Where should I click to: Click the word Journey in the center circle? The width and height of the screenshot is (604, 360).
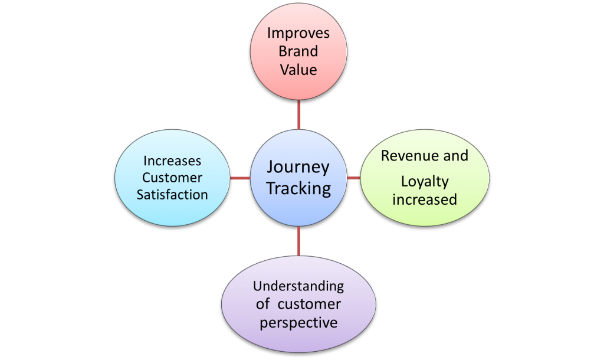click(x=298, y=167)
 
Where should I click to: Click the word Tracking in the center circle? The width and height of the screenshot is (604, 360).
click(x=298, y=189)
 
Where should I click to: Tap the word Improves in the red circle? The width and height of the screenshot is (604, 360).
click(x=298, y=32)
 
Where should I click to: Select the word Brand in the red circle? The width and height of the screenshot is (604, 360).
click(x=298, y=51)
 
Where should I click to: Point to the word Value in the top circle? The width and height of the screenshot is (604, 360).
click(x=298, y=70)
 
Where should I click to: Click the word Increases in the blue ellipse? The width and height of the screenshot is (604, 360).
click(x=172, y=161)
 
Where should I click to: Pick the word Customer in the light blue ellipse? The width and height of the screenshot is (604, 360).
click(x=172, y=178)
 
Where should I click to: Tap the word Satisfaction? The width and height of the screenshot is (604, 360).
click(x=172, y=194)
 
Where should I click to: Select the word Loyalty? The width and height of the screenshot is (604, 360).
click(x=425, y=182)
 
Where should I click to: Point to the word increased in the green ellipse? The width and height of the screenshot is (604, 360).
click(x=425, y=199)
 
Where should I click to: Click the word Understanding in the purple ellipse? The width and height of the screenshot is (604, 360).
click(x=298, y=286)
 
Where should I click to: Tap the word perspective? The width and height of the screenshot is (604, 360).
click(x=298, y=323)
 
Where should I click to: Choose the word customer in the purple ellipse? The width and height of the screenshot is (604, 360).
click(x=309, y=305)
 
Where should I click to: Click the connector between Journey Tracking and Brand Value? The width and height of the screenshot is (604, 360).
click(x=299, y=115)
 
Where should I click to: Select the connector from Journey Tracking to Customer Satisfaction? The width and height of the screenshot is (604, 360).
click(x=239, y=178)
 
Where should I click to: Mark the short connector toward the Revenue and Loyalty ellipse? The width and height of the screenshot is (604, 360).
click(x=353, y=178)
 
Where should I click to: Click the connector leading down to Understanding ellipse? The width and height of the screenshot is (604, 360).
click(x=299, y=241)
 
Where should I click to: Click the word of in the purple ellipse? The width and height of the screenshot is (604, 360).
click(x=263, y=305)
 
